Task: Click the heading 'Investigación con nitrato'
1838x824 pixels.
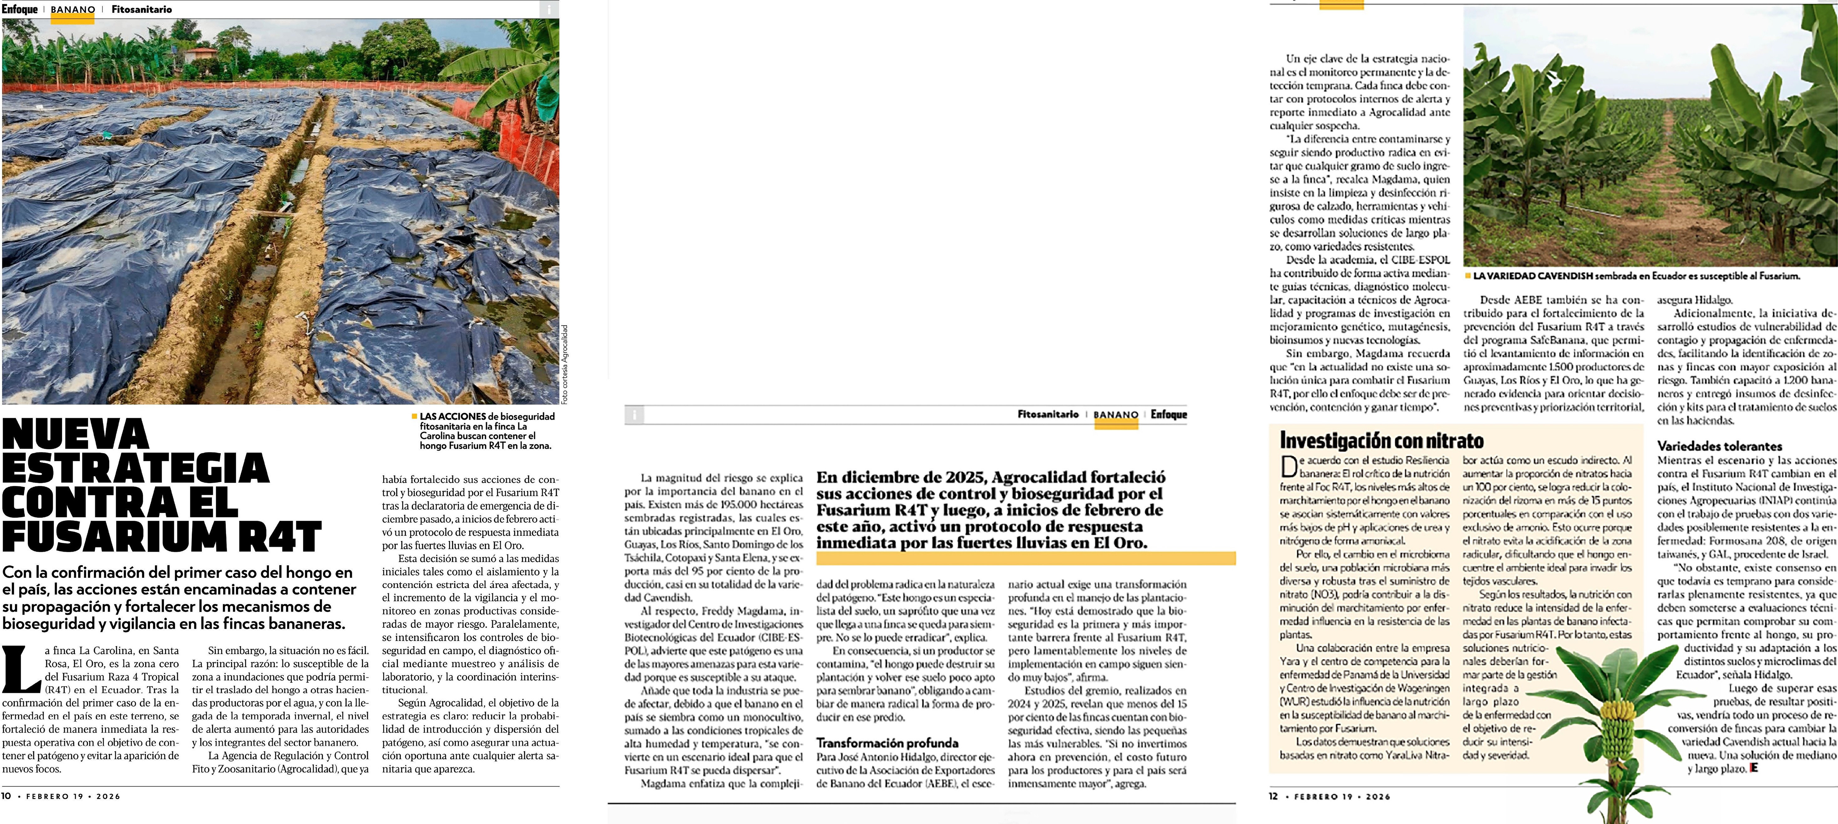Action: coord(1381,440)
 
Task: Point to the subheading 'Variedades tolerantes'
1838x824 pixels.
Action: coord(1720,446)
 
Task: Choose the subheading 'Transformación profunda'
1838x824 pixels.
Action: coord(887,743)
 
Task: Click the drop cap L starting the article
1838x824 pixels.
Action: coord(21,668)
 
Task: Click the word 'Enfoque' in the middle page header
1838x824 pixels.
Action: coord(1169,414)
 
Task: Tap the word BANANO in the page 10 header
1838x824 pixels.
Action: coord(73,10)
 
